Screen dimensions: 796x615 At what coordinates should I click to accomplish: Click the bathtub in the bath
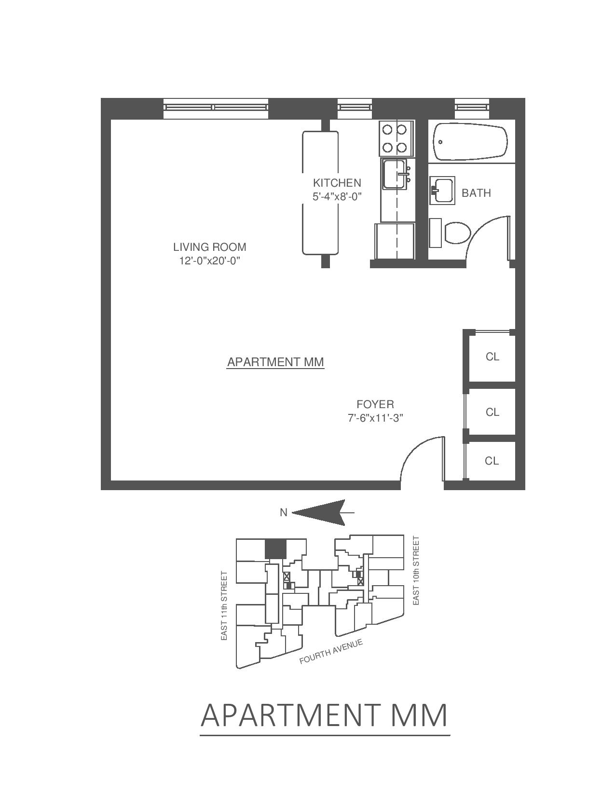pos(470,143)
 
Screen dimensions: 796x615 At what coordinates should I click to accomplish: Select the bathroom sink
pos(442,191)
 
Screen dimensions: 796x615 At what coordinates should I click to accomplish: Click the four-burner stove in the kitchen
pos(396,138)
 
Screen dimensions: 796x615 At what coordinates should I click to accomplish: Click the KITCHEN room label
pos(337,183)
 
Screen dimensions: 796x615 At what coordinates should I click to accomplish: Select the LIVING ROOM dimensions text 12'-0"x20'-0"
pos(209,261)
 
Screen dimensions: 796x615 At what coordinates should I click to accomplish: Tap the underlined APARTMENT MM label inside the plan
pos(275,362)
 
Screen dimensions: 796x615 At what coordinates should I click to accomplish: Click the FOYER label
pos(375,404)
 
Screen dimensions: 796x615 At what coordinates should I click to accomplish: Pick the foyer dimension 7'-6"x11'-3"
pos(375,418)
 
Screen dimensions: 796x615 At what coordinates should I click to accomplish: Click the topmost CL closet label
pos(492,357)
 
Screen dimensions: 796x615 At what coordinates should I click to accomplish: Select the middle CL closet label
pos(492,412)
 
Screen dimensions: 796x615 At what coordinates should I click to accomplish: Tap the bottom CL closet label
pos(492,461)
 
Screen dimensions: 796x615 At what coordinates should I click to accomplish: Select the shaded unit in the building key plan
pos(275,549)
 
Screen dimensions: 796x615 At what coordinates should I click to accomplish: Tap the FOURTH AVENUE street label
pos(330,652)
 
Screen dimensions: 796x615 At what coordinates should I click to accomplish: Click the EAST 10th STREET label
pos(416,570)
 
